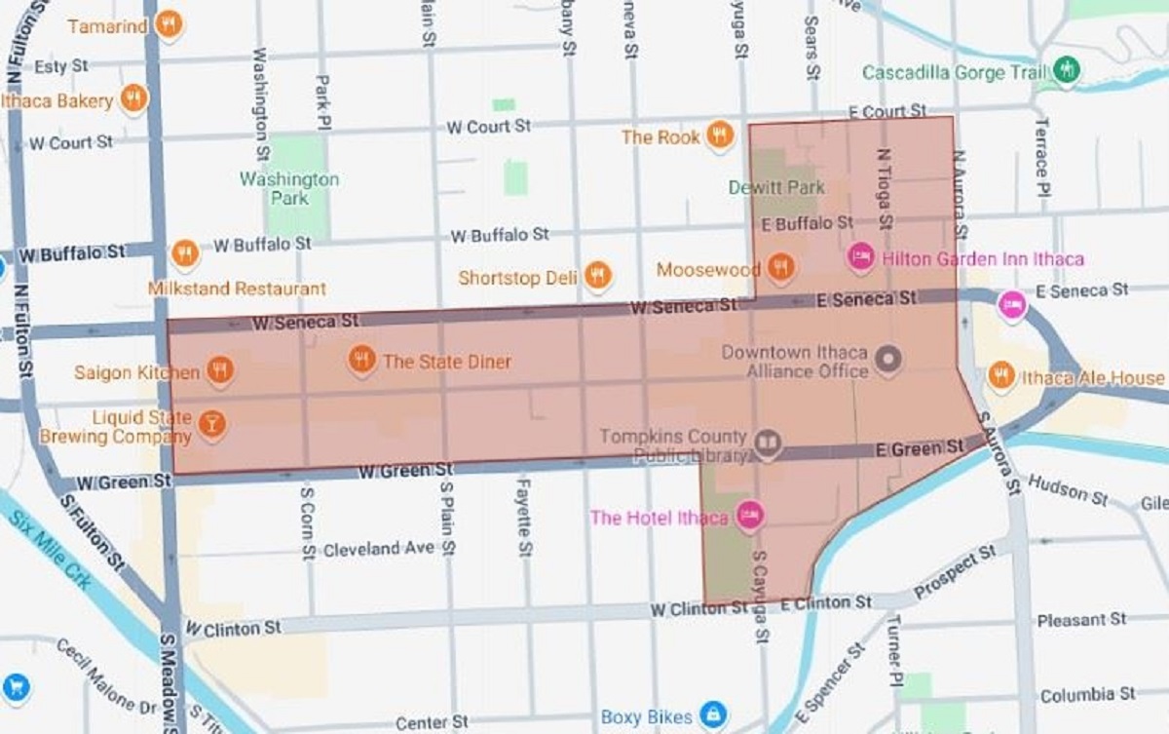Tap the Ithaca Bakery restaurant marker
tap(133, 97)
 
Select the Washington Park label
tap(289, 188)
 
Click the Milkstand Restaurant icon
tap(185, 254)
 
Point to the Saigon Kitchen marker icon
tap(220, 369)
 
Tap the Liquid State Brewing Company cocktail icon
tap(211, 424)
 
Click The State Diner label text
tap(446, 362)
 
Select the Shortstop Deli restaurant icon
tap(598, 276)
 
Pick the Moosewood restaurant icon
tap(779, 265)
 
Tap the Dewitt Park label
tap(776, 187)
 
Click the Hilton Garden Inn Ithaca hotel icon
tap(860, 256)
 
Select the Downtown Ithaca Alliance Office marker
tap(887, 360)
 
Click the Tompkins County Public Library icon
tap(769, 444)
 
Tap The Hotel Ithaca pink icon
tap(748, 515)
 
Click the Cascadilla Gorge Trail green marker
tap(1068, 70)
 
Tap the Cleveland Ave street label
tap(378, 550)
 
